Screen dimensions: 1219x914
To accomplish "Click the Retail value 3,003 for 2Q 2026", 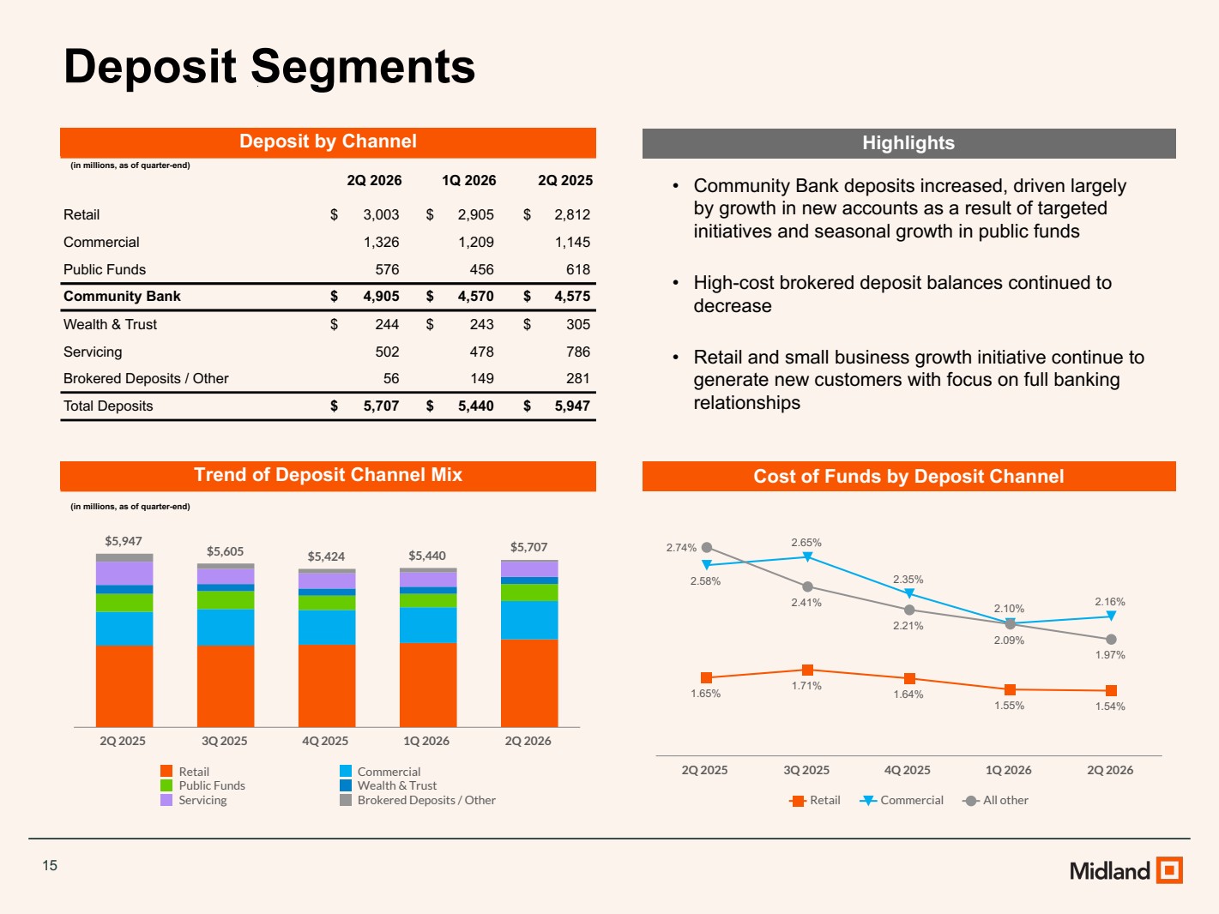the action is [381, 214].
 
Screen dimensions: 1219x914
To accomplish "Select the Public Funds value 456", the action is [481, 270].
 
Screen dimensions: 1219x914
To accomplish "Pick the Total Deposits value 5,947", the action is [572, 406].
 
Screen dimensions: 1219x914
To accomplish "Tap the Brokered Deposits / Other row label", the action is [146, 378].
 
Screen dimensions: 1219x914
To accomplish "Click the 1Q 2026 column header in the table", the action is [468, 180].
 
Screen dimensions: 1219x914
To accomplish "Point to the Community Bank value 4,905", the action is [381, 297].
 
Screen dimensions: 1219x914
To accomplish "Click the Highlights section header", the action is [908, 143].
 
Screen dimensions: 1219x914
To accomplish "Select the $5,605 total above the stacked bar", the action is [225, 551].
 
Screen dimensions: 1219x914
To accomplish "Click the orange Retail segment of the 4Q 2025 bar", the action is [327, 685].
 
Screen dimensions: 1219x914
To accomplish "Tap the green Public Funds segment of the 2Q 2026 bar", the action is [529, 592].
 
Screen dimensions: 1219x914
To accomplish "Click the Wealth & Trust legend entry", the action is [389, 785].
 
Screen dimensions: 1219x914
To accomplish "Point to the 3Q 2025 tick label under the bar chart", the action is [225, 741].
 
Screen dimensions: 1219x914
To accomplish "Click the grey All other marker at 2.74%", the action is [706, 548].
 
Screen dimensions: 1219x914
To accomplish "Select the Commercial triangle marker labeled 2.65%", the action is [808, 556].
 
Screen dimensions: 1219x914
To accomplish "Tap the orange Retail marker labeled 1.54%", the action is [1111, 690].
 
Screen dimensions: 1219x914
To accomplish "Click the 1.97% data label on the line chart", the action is [1109, 655].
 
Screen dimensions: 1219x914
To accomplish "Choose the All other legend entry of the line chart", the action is [996, 800].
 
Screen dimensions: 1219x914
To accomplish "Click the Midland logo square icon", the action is [1169, 869].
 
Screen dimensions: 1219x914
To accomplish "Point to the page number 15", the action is [50, 866].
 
